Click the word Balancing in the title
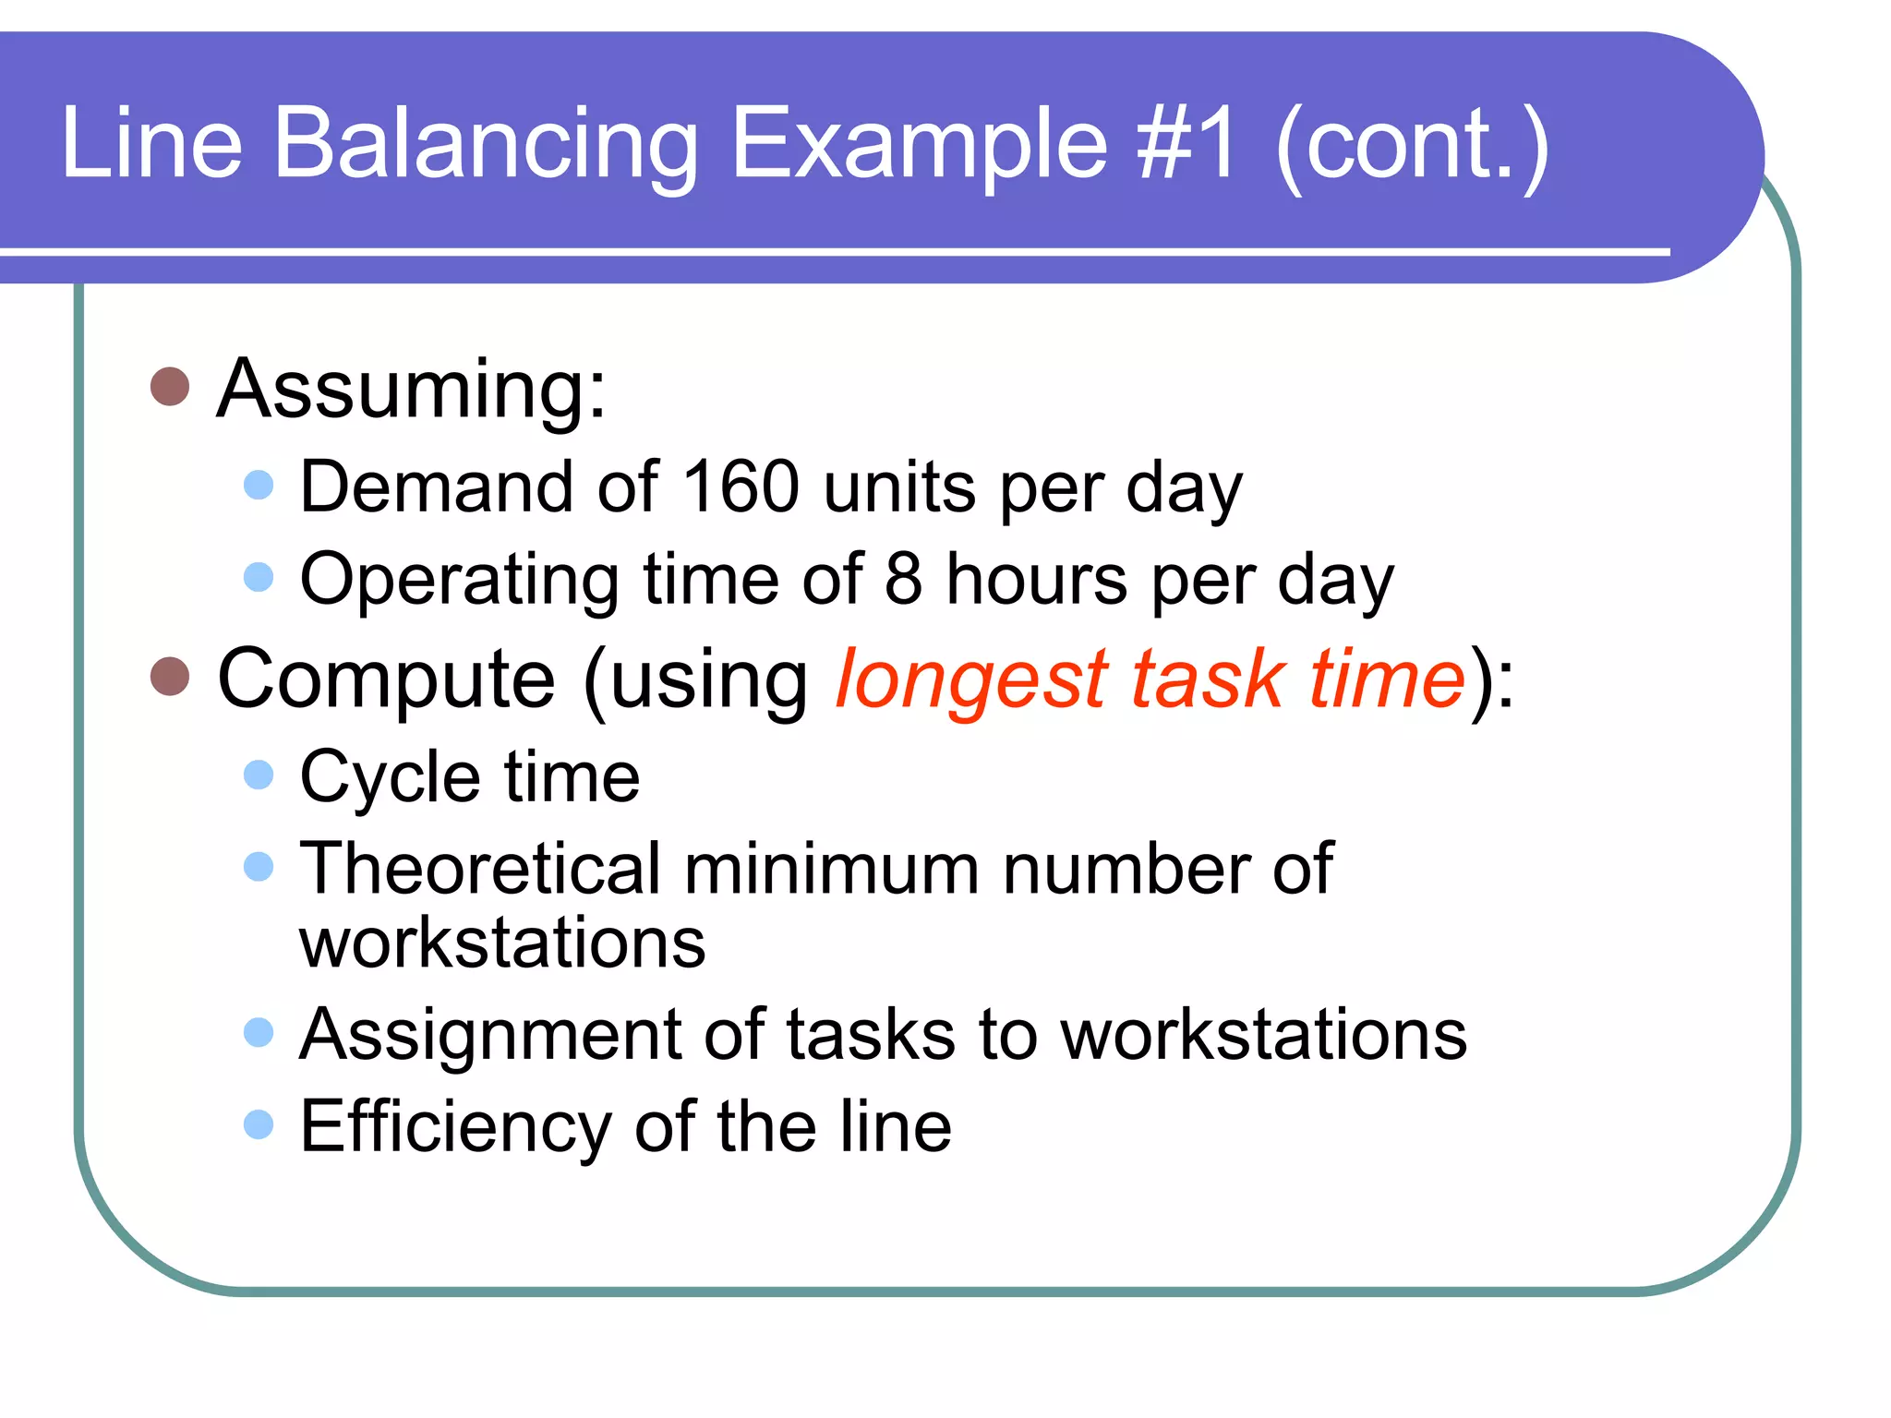coord(486,144)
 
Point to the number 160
coord(741,487)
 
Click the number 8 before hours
coord(903,579)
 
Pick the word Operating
coord(460,581)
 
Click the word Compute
coord(386,679)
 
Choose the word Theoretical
coord(480,869)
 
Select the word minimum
coord(831,869)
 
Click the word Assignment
coord(490,1035)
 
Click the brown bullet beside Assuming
coord(170,387)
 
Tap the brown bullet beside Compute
coord(170,677)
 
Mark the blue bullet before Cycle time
coord(259,775)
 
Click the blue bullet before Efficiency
coord(259,1124)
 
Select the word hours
coord(1036,579)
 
